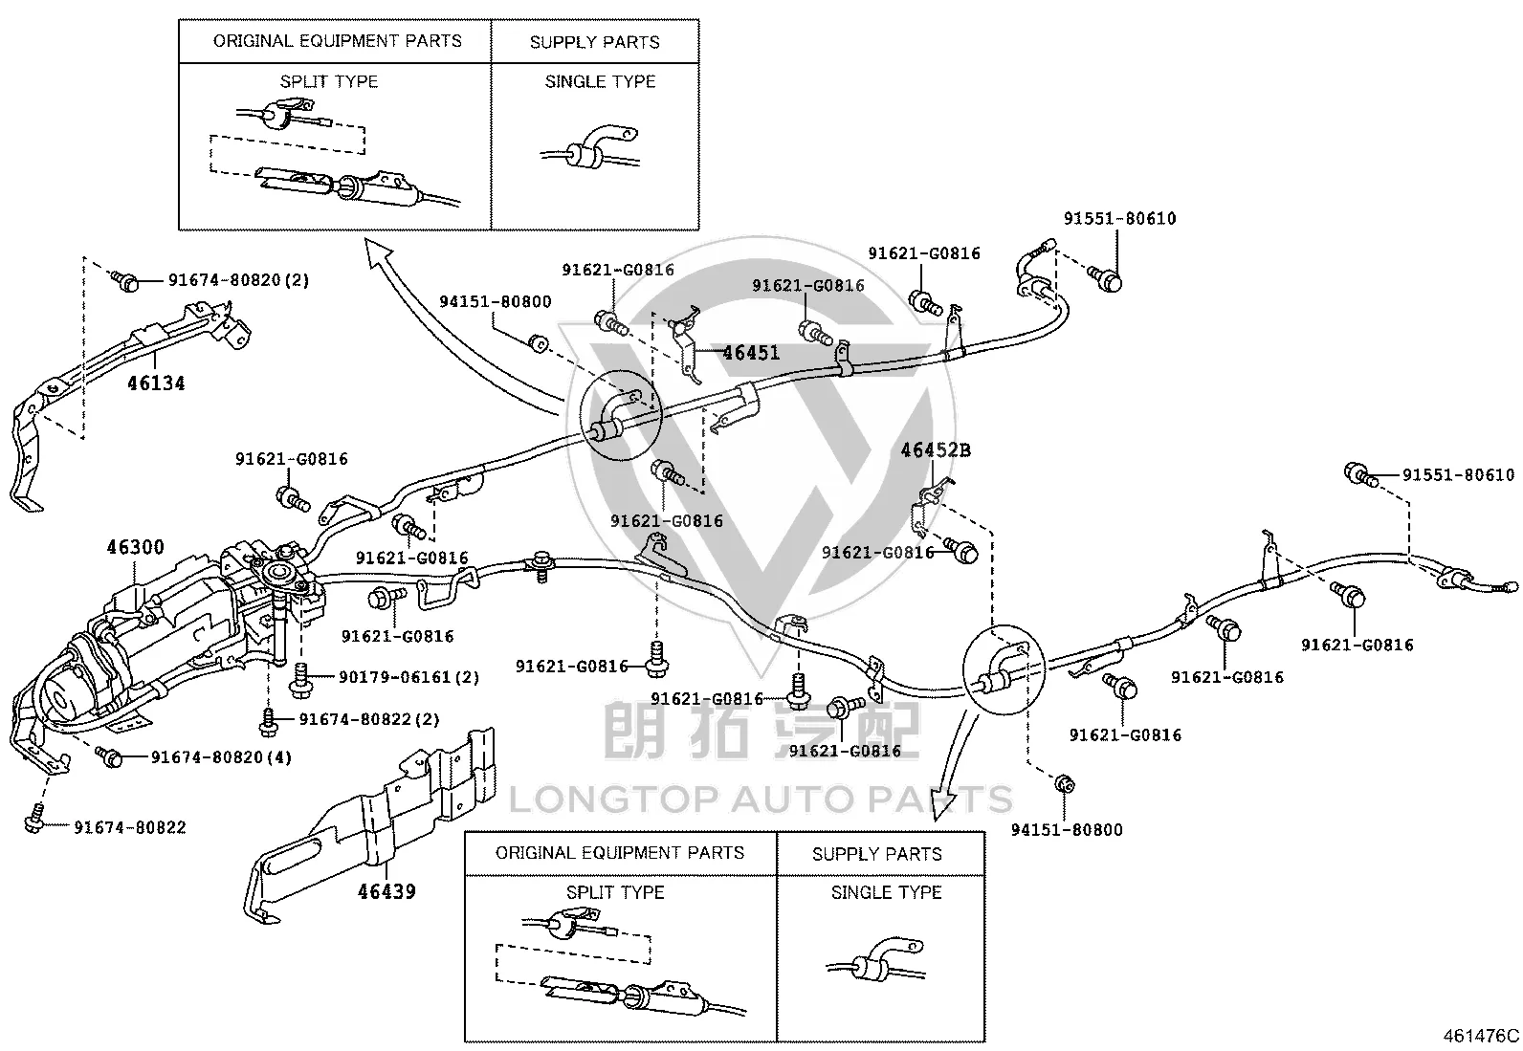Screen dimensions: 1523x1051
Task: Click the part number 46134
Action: [156, 383]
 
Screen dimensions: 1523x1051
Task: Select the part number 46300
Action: [135, 547]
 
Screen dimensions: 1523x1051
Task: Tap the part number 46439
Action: [386, 891]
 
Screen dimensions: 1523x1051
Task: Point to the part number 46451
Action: [751, 353]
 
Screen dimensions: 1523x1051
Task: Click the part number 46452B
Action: [936, 450]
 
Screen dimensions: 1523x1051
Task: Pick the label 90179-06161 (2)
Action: [408, 677]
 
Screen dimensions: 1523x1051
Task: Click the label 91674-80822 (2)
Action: [369, 719]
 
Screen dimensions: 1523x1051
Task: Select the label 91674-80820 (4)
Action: [221, 757]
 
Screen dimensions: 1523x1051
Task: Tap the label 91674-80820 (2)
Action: [238, 280]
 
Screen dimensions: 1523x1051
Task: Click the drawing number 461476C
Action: [1481, 1036]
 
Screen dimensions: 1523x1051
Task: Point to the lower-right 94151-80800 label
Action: [1066, 829]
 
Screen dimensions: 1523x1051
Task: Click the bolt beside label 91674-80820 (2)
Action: [124, 280]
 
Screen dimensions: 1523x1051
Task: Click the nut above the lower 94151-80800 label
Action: [1065, 784]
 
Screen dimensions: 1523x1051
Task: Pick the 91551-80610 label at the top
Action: [1120, 218]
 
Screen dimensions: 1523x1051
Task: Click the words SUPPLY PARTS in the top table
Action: [594, 42]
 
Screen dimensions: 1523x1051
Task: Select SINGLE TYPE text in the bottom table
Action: [886, 892]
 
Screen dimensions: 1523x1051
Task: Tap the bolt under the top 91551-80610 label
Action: [1106, 278]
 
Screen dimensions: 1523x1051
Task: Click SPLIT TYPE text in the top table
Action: [329, 81]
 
